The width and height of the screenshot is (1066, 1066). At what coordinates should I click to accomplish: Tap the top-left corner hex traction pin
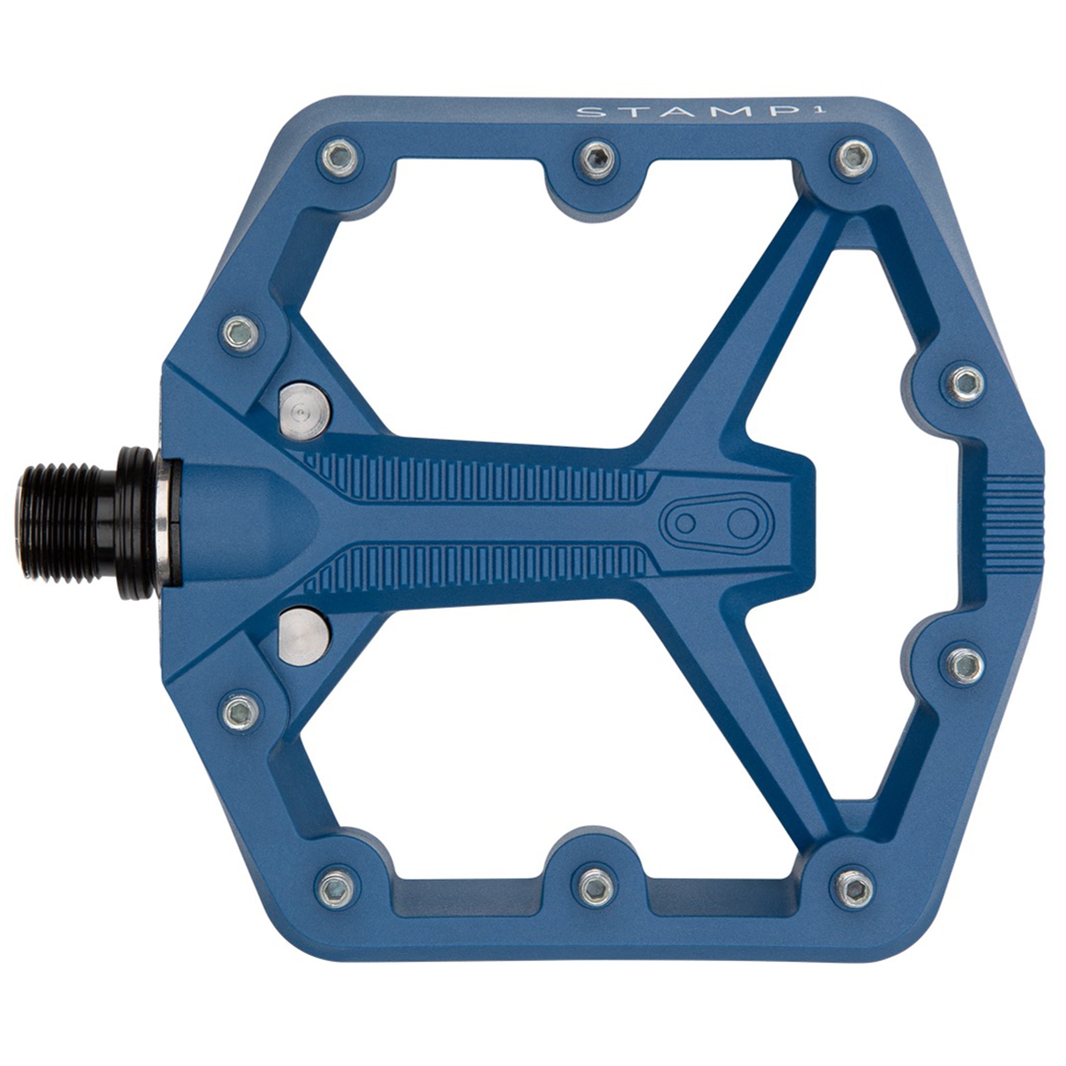pos(339,158)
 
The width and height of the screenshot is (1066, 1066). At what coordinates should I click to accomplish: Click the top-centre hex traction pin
pos(597,158)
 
